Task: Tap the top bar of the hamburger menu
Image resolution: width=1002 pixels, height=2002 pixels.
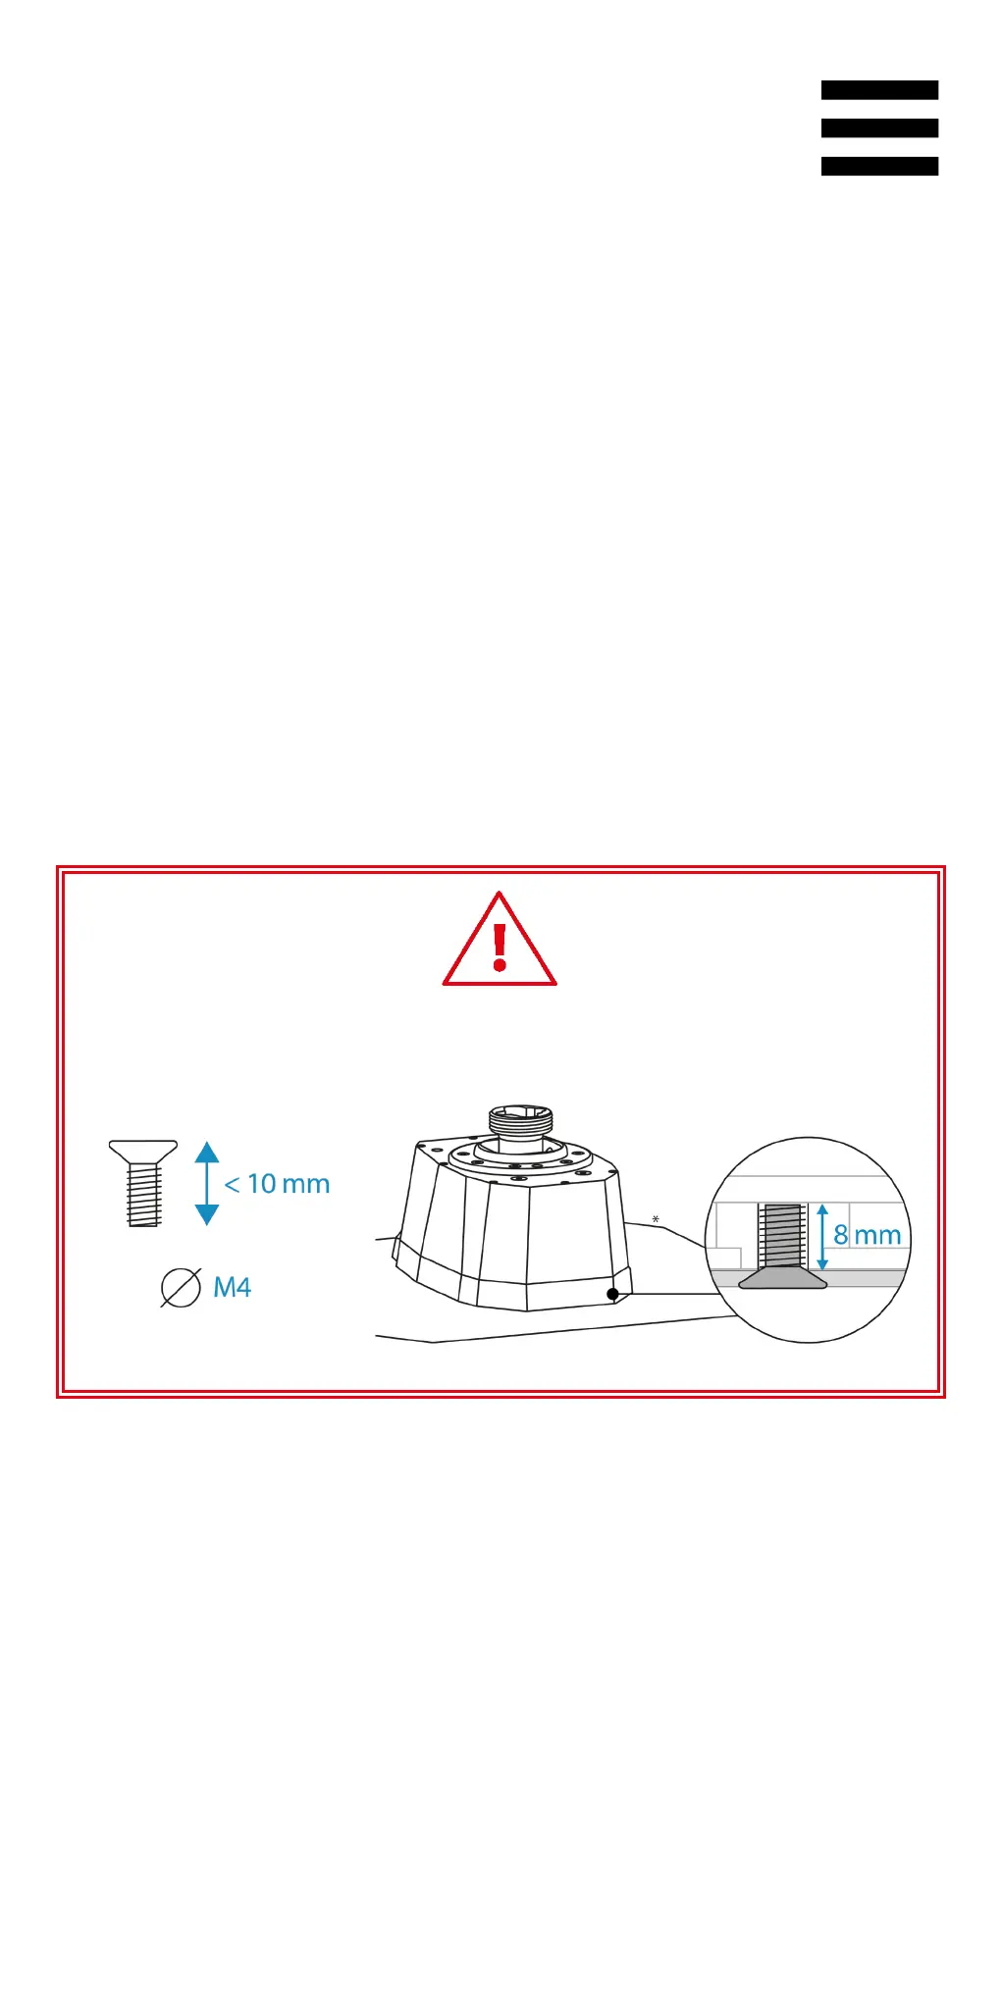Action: (x=879, y=90)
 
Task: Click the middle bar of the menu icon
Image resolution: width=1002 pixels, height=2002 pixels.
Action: (x=879, y=128)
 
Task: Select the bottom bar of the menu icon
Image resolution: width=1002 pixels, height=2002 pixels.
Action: (x=879, y=167)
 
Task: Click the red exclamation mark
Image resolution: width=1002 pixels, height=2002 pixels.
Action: (x=500, y=948)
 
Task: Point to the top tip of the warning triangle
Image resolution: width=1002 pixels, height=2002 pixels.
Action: (x=500, y=895)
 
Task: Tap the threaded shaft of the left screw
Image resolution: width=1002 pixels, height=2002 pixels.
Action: (x=143, y=1195)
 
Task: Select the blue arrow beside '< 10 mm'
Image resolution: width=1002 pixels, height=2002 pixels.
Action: (x=207, y=1183)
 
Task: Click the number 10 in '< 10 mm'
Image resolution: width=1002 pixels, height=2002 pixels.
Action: (x=262, y=1184)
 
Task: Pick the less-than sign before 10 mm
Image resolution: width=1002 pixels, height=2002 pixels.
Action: (x=233, y=1185)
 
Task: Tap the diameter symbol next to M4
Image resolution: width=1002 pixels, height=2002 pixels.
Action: (x=181, y=1287)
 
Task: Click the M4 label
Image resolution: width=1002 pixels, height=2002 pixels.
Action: (x=233, y=1287)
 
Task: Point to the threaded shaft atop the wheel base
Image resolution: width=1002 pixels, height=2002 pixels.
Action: (x=521, y=1120)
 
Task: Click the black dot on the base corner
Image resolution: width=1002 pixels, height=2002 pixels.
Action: (x=613, y=1294)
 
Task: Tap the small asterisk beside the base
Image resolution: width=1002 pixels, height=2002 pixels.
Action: (x=656, y=1220)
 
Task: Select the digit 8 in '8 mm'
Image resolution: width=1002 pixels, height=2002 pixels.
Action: (x=841, y=1235)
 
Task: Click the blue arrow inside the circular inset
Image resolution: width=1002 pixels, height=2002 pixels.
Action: (x=822, y=1237)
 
